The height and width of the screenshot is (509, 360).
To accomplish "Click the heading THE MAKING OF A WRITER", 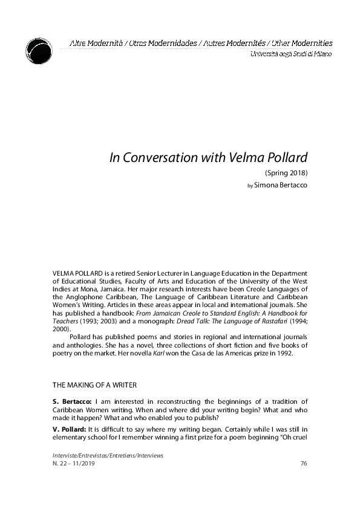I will [x=94, y=384].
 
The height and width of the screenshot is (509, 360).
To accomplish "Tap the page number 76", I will [x=304, y=463].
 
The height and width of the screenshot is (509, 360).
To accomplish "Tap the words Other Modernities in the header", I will [x=302, y=44].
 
